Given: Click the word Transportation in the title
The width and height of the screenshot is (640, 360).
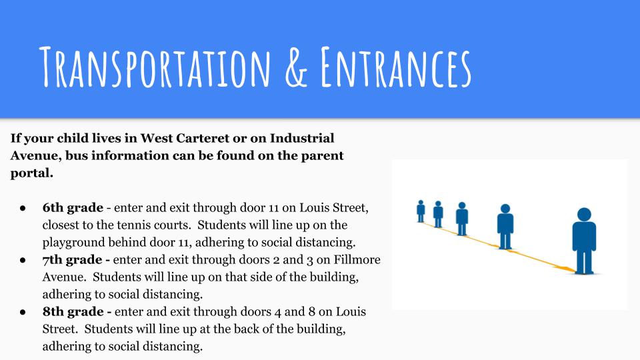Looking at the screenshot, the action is point(155,67).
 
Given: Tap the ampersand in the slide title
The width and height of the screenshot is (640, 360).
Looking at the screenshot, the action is point(296,67).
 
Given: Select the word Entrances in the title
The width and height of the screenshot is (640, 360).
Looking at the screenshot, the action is point(396,67).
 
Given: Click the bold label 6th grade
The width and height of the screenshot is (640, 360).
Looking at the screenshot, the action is point(73,208).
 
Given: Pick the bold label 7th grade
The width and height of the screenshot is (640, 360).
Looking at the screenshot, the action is point(72,259).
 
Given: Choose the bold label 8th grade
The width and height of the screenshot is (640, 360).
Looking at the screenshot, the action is point(73,311).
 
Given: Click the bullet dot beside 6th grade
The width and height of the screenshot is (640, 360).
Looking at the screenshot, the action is point(23,208).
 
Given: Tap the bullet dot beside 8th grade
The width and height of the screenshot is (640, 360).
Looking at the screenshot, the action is point(23,312).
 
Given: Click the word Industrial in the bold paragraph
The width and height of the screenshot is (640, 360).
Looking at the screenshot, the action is point(302,138).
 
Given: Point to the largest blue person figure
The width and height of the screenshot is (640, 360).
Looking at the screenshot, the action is point(584,241).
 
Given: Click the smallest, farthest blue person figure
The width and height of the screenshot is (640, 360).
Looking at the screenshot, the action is point(421,211).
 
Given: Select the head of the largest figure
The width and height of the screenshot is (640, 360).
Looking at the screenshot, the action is point(584,215).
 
